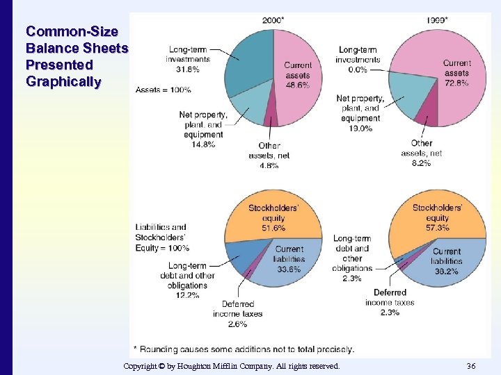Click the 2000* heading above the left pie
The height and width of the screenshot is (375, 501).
click(x=273, y=20)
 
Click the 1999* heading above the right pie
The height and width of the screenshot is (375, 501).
click(x=437, y=20)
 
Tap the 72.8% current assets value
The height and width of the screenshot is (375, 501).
click(x=456, y=83)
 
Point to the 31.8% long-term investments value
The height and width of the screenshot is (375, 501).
click(x=188, y=69)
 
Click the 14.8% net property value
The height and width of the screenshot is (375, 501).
click(x=204, y=144)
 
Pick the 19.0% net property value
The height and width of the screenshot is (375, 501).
click(x=360, y=128)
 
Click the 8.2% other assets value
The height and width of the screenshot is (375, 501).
click(x=421, y=162)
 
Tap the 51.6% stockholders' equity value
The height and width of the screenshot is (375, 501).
click(x=273, y=228)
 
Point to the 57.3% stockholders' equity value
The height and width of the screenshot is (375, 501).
click(x=437, y=228)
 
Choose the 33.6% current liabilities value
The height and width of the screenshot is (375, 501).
click(x=289, y=269)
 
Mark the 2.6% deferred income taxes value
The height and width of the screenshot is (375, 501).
click(x=237, y=324)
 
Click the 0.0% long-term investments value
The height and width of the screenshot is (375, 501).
click(x=358, y=69)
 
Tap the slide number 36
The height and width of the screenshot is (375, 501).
click(x=471, y=366)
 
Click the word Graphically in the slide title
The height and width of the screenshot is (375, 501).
click(x=63, y=82)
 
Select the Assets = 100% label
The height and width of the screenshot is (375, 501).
click(x=163, y=90)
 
